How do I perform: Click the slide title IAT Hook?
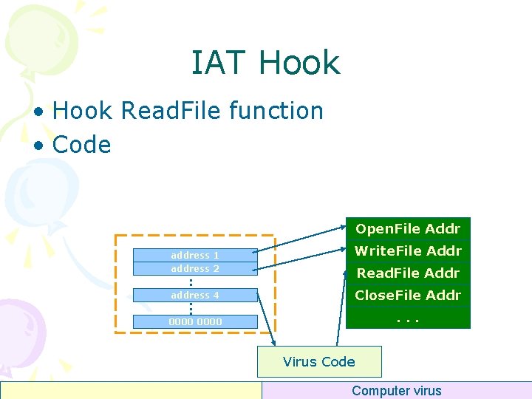coord(265,63)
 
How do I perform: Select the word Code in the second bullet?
coord(81,145)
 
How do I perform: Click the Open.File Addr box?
coord(408,228)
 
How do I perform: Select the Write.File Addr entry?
coord(408,250)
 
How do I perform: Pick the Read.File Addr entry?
coord(408,273)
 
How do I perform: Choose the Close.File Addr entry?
coord(408,295)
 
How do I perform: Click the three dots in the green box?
coord(408,318)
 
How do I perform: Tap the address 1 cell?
coord(195,255)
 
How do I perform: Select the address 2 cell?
coord(195,268)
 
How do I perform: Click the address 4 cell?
coord(195,295)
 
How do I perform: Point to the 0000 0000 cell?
coord(195,321)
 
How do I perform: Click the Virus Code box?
coord(319,361)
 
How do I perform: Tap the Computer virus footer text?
coord(396,391)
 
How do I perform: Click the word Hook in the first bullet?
coord(83,111)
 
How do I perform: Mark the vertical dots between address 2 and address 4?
coord(190,282)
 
